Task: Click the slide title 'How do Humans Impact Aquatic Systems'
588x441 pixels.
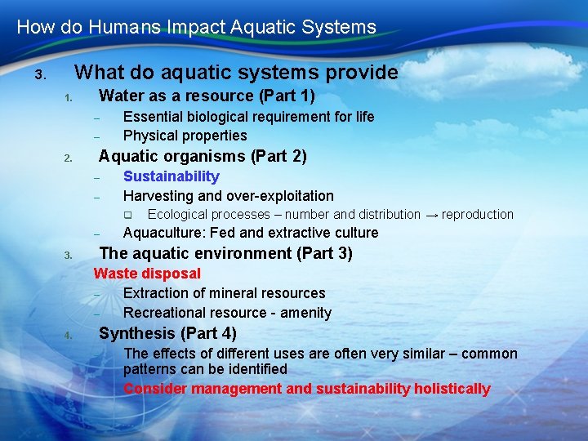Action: pyautogui.click(x=196, y=27)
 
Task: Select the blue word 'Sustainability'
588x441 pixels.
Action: pyautogui.click(x=171, y=176)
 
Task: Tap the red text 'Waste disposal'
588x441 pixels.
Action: pyautogui.click(x=147, y=274)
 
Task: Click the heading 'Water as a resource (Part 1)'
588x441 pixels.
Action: pyautogui.click(x=207, y=96)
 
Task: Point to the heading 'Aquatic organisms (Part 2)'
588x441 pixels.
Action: pyautogui.click(x=203, y=156)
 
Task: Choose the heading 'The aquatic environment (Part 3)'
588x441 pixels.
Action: pyautogui.click(x=225, y=253)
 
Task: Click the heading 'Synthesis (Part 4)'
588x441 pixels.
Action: pyautogui.click(x=167, y=333)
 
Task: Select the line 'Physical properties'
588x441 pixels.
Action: pyautogui.click(x=185, y=136)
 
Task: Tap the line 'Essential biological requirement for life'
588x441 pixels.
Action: pyautogui.click(x=248, y=117)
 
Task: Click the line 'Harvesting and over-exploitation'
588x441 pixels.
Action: pyautogui.click(x=228, y=196)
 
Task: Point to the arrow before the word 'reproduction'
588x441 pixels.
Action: pyautogui.click(x=430, y=215)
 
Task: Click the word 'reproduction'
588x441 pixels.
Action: pyautogui.click(x=478, y=215)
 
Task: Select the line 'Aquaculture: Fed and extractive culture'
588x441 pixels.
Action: pyautogui.click(x=251, y=233)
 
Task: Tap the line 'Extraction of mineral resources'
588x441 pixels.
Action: pyautogui.click(x=224, y=293)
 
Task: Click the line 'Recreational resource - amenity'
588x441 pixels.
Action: pyautogui.click(x=227, y=313)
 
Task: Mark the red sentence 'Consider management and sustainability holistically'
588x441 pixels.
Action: pyautogui.click(x=306, y=389)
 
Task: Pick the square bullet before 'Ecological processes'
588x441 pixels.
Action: pyautogui.click(x=127, y=216)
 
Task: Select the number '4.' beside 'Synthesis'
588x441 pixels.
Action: pyautogui.click(x=69, y=335)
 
